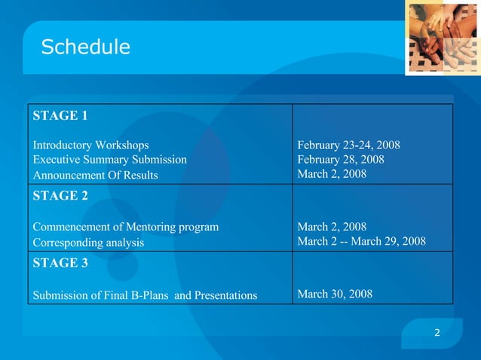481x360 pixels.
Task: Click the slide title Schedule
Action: (85, 47)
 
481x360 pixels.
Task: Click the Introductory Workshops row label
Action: (90, 145)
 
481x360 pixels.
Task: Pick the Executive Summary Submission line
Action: (109, 160)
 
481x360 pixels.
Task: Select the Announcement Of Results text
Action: (95, 175)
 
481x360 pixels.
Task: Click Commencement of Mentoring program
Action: (125, 227)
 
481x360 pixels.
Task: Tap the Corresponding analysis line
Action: (87, 243)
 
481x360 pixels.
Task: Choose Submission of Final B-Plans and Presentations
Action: (144, 294)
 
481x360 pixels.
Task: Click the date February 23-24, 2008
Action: (348, 145)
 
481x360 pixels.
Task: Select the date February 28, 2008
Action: (341, 160)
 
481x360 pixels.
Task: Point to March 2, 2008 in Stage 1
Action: (332, 174)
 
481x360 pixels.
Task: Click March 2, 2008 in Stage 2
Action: (332, 227)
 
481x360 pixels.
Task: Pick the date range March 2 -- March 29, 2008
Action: (362, 242)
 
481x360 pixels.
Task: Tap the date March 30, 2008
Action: (335, 294)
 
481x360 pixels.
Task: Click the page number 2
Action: (437, 333)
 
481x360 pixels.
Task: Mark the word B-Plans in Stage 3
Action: (150, 294)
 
